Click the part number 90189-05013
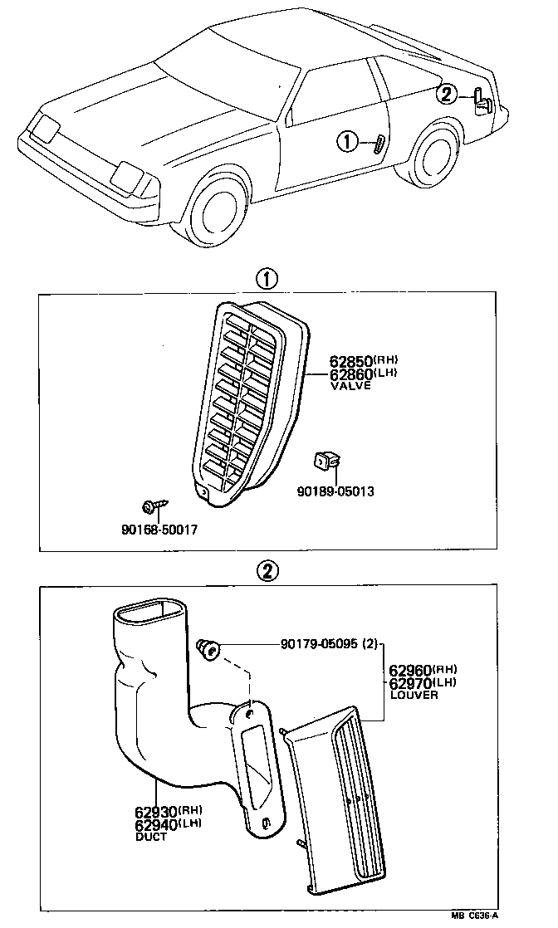[335, 491]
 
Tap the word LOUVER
[413, 695]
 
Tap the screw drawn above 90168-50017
[153, 506]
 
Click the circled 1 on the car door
[347, 143]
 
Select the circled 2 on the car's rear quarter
[448, 94]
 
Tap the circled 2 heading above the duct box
[267, 571]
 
